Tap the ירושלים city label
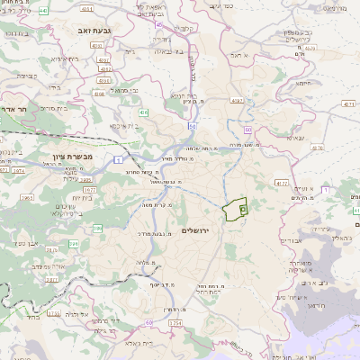(x=193, y=230)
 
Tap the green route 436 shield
(x=144, y=112)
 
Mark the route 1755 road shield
(x=54, y=313)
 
